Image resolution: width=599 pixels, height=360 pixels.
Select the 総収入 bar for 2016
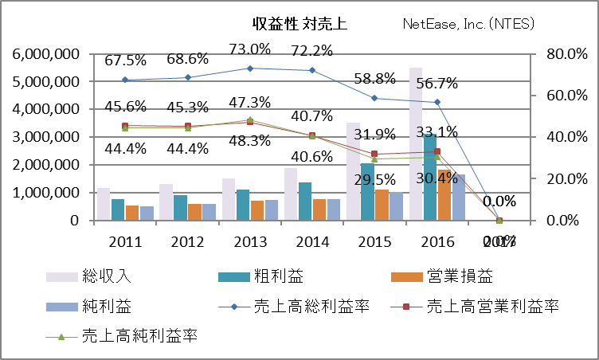pyautogui.click(x=415, y=143)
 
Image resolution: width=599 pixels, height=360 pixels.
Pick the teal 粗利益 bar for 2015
pyautogui.click(x=367, y=191)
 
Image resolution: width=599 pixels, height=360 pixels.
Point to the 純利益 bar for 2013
pyautogui.click(x=271, y=209)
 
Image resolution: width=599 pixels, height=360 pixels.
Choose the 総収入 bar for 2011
pyautogui.click(x=103, y=204)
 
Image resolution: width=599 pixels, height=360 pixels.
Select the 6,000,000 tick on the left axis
pyautogui.click(x=45, y=54)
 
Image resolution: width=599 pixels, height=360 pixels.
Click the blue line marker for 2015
pyautogui.click(x=374, y=98)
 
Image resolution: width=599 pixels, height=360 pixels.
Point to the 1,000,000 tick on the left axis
pyautogui.click(x=45, y=193)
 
